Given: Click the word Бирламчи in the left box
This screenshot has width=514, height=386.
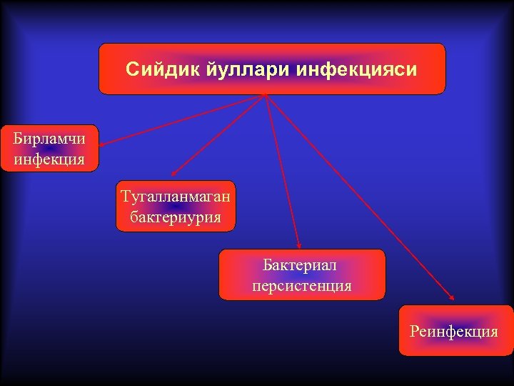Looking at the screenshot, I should pos(49,139).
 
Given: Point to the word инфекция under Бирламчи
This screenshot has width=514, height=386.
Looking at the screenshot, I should pos(49,158).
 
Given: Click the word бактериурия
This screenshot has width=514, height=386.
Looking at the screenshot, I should pos(176,215).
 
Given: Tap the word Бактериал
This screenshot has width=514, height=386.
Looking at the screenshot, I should pos(300,265).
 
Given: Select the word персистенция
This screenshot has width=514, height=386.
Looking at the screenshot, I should pos(301,285).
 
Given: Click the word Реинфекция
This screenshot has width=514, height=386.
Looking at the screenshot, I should pos(454,331).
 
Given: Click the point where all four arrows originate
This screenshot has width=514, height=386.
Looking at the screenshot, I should pos(266,95).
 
